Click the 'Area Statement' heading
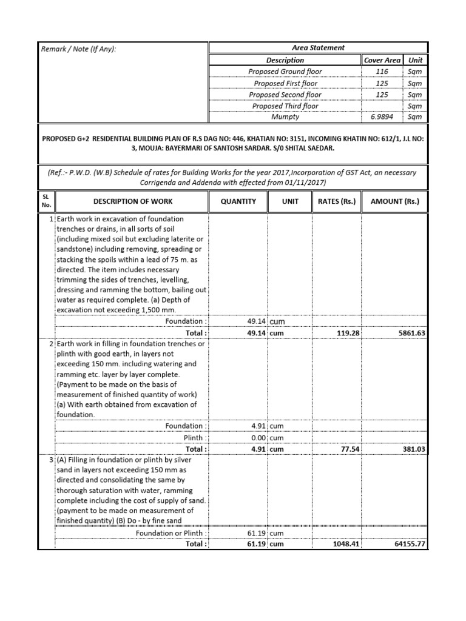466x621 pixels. (318, 48)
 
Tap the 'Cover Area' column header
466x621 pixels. (382, 60)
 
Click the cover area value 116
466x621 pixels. (382, 72)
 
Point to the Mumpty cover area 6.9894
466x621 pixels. (382, 117)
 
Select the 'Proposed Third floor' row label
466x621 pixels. (285, 106)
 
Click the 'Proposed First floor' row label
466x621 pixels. (285, 83)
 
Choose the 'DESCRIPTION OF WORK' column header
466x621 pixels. (132, 201)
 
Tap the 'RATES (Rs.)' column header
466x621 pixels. (337, 201)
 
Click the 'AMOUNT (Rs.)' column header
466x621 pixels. (394, 201)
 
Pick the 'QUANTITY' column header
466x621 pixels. (238, 201)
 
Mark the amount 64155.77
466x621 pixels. (407, 544)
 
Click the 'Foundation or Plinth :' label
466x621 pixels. (171, 533)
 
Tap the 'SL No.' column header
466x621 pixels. (46, 201)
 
